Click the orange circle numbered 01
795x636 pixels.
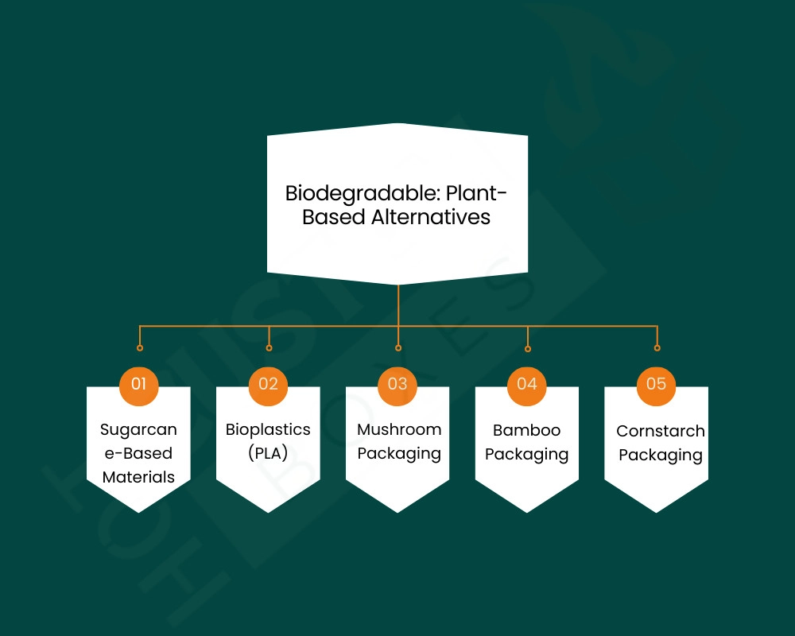coord(139,384)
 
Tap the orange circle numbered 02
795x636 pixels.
coord(269,384)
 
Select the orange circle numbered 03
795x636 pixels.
coord(397,384)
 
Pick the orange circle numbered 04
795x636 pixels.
coord(527,384)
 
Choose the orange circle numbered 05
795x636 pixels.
coord(657,384)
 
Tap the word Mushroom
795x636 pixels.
coord(399,429)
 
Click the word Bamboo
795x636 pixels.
coord(526,430)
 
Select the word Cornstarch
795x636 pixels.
coord(661,431)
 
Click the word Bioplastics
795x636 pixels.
coord(268,429)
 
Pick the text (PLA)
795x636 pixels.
coord(268,453)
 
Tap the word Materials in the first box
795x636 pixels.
coord(138,477)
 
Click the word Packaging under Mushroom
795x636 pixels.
coord(399,454)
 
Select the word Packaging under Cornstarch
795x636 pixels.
coord(661,456)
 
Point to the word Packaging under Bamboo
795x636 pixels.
coord(526,455)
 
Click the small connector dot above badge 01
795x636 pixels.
coord(140,347)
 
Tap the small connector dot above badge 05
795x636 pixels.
coord(657,347)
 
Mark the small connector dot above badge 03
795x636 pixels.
coord(398,347)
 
